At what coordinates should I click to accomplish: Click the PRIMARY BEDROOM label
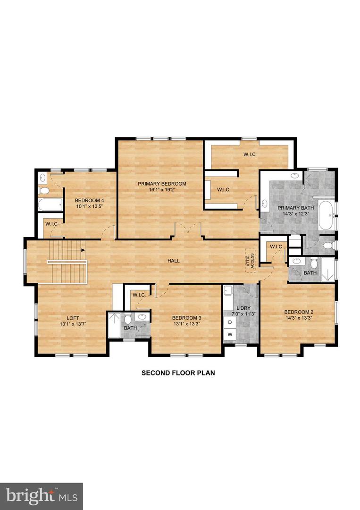point(162,184)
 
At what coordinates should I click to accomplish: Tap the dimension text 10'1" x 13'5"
point(89,206)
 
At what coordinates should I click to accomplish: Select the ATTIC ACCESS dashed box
point(250,260)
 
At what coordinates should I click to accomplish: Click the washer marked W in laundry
point(230,334)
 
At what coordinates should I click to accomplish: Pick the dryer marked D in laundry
point(230,323)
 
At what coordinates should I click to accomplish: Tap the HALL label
point(174,261)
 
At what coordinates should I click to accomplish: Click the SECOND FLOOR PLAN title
point(178,373)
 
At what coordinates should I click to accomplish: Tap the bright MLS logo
point(42,495)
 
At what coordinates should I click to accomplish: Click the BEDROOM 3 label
point(186,318)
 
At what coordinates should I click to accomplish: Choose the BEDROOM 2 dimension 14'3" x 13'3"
point(298,318)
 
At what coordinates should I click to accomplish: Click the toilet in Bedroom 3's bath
point(127,318)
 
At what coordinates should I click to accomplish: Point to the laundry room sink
point(228,291)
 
